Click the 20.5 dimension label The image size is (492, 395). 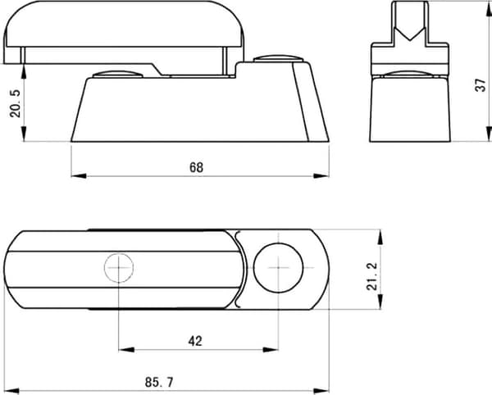pyautogui.click(x=15, y=103)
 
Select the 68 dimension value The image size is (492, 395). pyautogui.click(x=197, y=168)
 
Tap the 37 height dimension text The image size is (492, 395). pyautogui.click(x=480, y=85)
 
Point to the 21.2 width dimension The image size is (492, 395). pyautogui.click(x=371, y=276)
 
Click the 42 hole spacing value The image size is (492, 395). pyautogui.click(x=195, y=341)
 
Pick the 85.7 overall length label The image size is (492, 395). pyautogui.click(x=159, y=382)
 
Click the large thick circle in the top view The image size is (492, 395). pyautogui.click(x=278, y=267)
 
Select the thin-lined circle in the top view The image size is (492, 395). pyautogui.click(x=119, y=267)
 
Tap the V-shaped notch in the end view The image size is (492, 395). pyautogui.click(x=410, y=34)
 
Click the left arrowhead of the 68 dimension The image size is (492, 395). pyautogui.click(x=79, y=176)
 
